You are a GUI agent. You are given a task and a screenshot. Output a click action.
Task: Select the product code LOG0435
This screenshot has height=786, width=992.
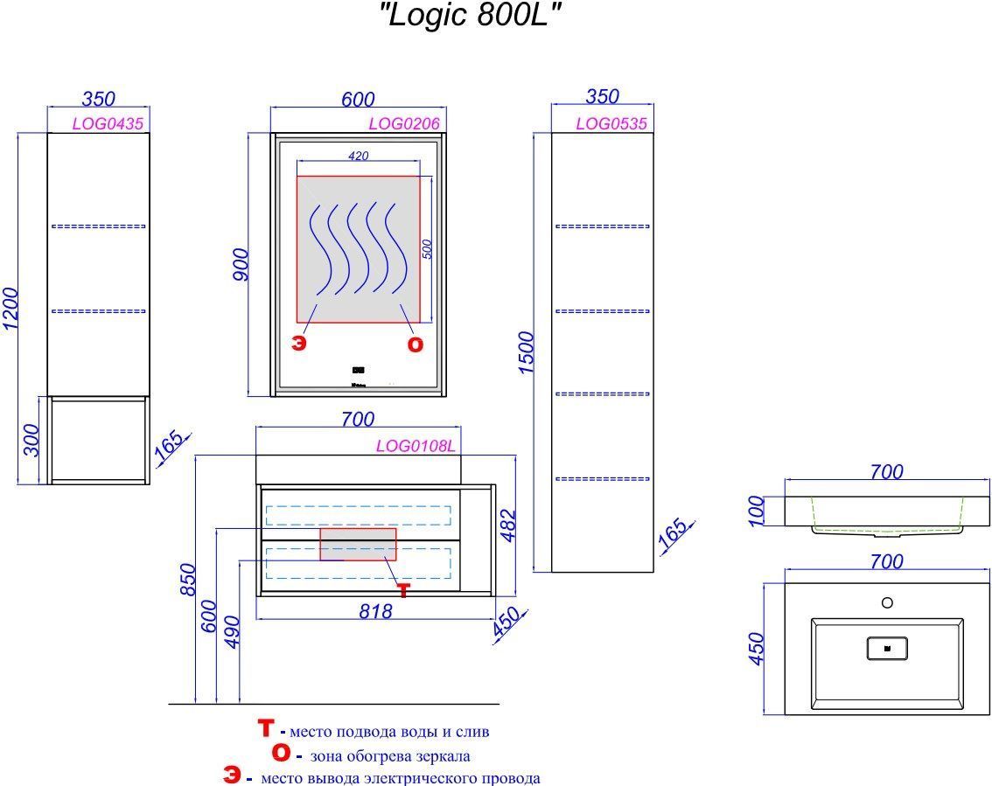pos(108,123)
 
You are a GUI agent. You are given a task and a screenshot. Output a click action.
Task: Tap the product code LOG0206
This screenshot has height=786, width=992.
pos(403,123)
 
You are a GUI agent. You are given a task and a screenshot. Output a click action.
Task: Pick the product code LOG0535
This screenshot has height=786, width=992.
pos(611,123)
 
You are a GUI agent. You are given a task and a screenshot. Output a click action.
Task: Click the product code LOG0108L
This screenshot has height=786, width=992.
pos(416,446)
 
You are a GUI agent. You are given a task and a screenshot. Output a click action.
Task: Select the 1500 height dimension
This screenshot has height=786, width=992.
pos(525,352)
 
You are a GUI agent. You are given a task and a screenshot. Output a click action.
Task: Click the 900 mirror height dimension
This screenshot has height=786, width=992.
pos(242,264)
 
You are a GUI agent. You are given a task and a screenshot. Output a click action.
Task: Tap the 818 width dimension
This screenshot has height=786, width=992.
pos(376,612)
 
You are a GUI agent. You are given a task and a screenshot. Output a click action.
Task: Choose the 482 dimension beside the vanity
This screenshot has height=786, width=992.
pos(509,525)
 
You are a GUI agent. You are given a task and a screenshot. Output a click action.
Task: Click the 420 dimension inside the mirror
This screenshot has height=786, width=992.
pos(358,157)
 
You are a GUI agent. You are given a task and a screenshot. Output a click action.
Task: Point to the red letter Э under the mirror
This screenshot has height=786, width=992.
pos(299,344)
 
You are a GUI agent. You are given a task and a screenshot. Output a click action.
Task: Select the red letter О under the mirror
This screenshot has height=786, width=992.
pos(416,344)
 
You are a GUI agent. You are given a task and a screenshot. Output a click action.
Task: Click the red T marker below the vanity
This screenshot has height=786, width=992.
pos(402,591)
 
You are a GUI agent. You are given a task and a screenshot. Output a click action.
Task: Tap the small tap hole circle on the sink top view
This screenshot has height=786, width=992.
pos(887,602)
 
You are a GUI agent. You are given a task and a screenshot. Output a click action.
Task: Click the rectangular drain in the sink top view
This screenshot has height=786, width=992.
pos(886,648)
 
